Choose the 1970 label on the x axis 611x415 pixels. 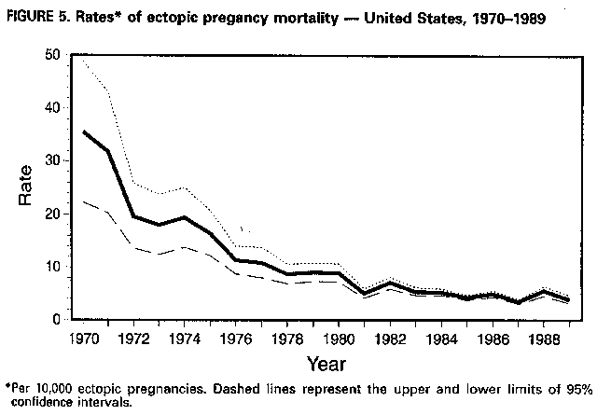83,336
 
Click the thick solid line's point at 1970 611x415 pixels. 84,131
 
